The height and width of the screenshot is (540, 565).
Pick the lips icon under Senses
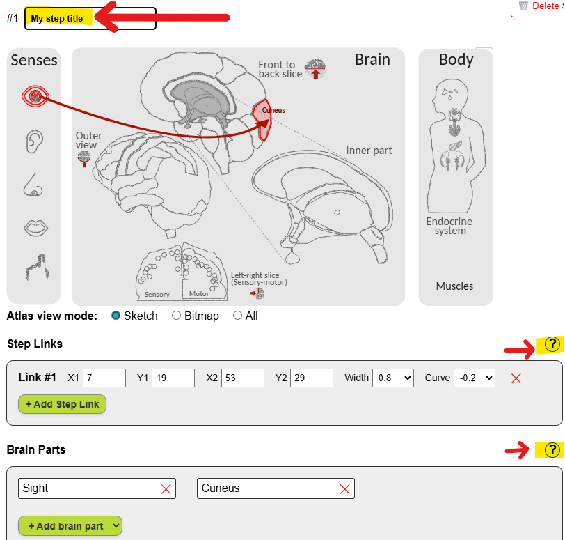click(34, 226)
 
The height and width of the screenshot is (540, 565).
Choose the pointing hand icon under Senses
click(34, 268)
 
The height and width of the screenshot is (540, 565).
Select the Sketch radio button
click(116, 316)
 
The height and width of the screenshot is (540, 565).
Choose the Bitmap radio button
click(177, 316)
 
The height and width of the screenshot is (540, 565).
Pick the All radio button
click(238, 316)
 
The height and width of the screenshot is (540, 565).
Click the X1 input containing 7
click(104, 378)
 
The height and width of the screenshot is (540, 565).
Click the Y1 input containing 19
click(173, 378)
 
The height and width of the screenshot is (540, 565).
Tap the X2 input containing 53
click(242, 378)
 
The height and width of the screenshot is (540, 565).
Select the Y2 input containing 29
click(311, 378)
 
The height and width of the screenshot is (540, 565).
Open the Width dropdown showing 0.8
click(393, 378)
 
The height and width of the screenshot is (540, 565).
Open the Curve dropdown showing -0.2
click(475, 378)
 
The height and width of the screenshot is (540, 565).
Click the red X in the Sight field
click(166, 489)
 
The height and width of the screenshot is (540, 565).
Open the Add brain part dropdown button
click(70, 526)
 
